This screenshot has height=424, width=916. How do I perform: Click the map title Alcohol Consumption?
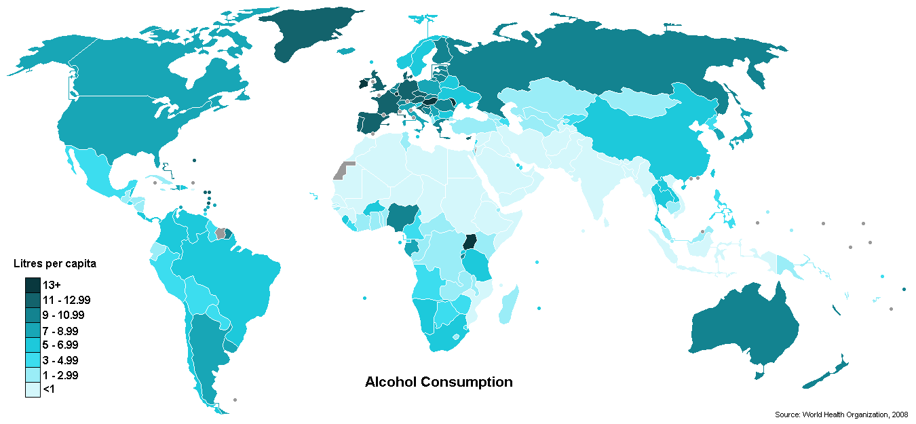[438, 382]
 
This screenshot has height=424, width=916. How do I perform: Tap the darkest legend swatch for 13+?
[33, 285]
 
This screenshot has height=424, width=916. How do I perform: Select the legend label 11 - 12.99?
[67, 300]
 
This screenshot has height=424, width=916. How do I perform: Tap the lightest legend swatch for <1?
[33, 389]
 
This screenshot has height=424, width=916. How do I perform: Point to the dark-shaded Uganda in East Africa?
[470, 244]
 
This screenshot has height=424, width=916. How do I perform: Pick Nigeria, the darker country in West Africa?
[401, 216]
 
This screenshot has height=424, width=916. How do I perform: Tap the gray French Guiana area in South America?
[220, 233]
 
